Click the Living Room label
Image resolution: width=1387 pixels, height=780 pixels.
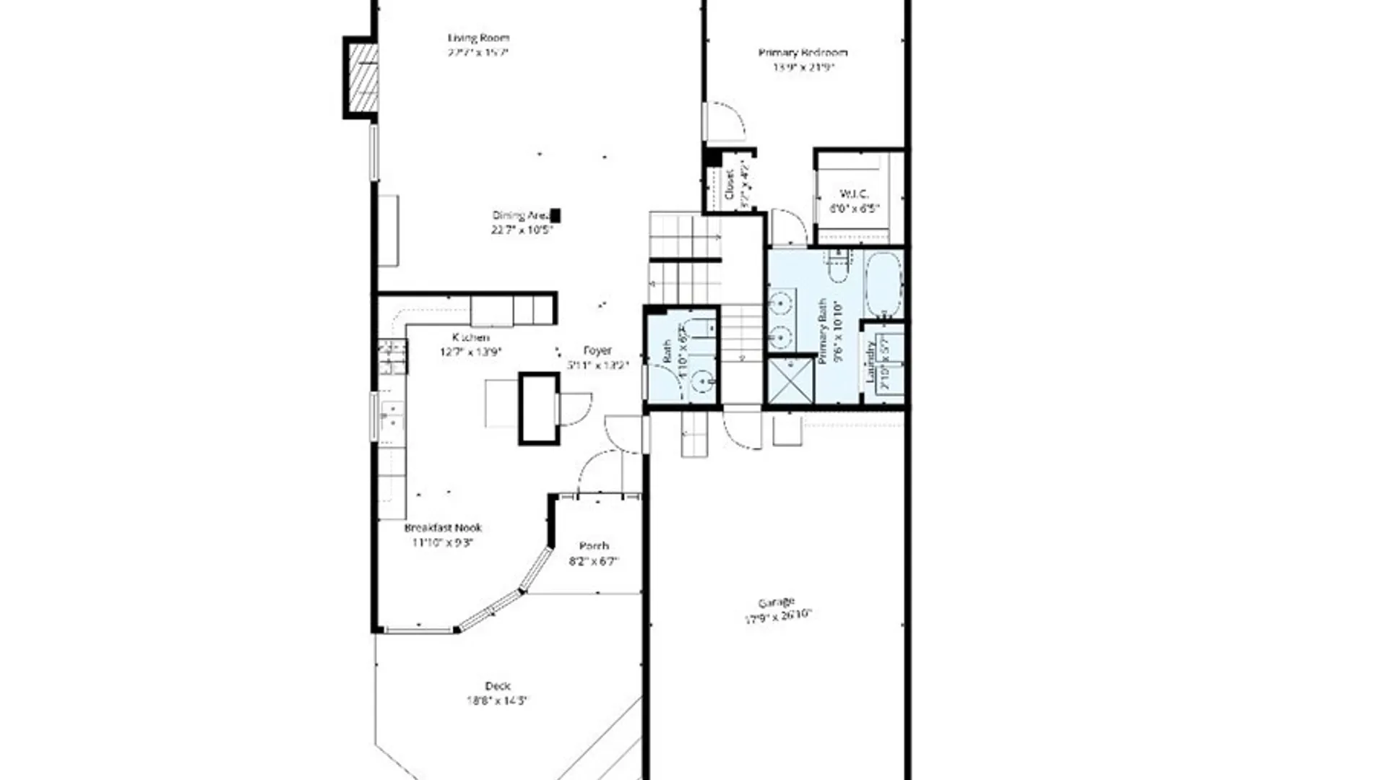(x=478, y=38)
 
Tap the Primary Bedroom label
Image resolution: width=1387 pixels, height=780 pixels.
(x=803, y=53)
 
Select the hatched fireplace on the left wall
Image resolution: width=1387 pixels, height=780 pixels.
(x=363, y=78)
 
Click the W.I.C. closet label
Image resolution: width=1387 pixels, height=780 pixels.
(x=854, y=194)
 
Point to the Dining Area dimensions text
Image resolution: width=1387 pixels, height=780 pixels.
(x=522, y=230)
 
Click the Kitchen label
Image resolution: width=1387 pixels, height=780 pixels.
(x=470, y=337)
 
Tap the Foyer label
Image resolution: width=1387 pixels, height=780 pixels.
(x=597, y=350)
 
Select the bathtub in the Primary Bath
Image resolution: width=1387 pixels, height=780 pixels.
(x=883, y=285)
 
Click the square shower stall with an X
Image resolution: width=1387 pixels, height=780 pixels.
(x=790, y=381)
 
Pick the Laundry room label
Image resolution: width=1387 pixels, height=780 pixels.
(x=870, y=361)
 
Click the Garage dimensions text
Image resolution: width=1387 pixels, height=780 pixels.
(x=777, y=615)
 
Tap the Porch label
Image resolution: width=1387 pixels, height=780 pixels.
(x=594, y=546)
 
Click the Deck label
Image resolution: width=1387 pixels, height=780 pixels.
(x=498, y=685)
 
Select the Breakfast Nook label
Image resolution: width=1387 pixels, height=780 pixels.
(x=443, y=528)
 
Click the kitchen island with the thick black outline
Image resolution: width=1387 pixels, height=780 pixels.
(x=539, y=409)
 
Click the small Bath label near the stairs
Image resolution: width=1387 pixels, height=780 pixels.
(x=667, y=352)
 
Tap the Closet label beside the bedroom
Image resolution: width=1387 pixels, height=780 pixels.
(x=729, y=184)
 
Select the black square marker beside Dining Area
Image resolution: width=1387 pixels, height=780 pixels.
(x=556, y=215)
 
